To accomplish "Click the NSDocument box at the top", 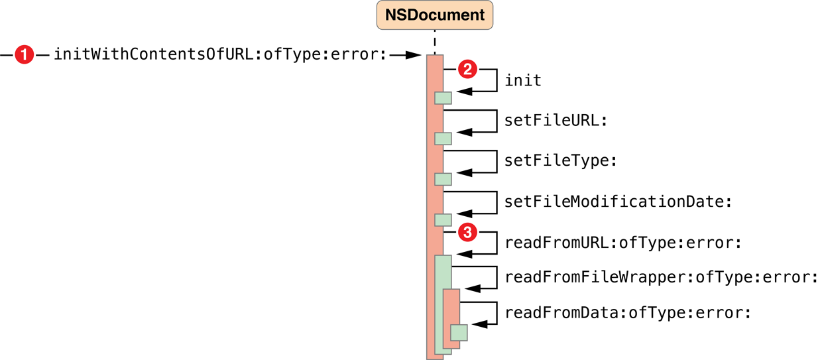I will click(434, 15).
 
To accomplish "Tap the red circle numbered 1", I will click(24, 55).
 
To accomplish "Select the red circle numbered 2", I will click(468, 68).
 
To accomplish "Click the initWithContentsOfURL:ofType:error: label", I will click(219, 55).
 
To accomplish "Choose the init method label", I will click(523, 81).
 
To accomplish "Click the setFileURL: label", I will click(556, 121).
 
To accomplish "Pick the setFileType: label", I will click(561, 162).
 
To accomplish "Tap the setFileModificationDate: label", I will click(618, 202).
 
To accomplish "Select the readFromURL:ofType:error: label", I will click(622, 243).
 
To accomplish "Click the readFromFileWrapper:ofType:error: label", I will click(661, 276).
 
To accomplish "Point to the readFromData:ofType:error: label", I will click(628, 312).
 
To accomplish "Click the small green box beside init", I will click(443, 98).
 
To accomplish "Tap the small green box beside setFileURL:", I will click(443, 139).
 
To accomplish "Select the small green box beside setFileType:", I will click(443, 179).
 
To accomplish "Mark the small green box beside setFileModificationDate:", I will click(443, 219).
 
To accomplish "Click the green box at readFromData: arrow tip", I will click(459, 332).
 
